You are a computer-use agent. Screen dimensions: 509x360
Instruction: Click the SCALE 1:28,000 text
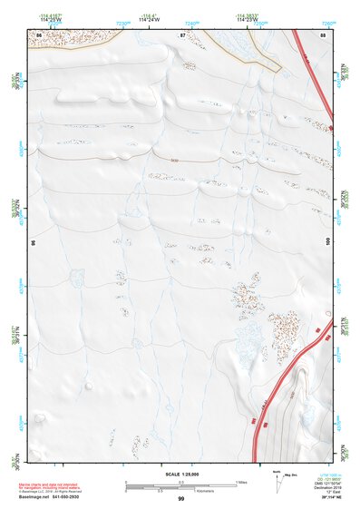[181, 474]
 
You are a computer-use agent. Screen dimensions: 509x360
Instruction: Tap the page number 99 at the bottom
[181, 499]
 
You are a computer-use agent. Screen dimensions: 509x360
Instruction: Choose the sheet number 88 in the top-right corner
[323, 34]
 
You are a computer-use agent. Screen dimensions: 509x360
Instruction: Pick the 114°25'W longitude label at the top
[51, 19]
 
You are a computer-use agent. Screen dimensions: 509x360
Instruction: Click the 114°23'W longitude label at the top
[247, 19]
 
